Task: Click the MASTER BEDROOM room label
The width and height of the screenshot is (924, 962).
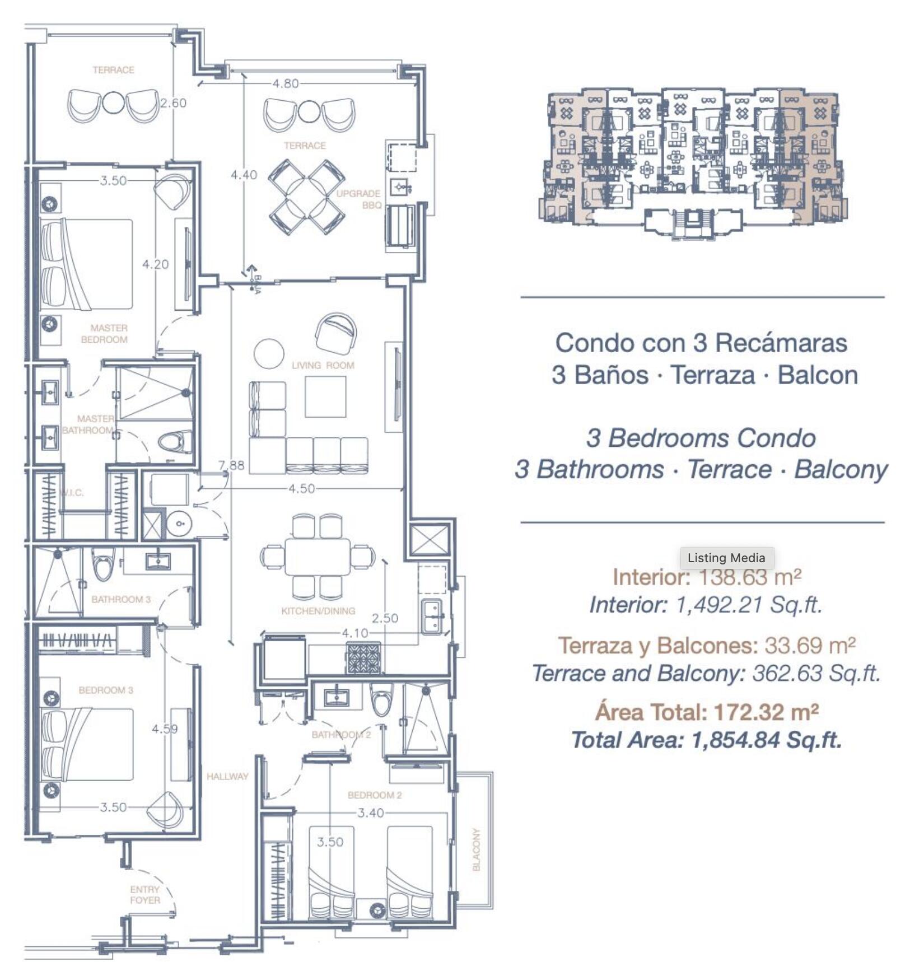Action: coord(105,334)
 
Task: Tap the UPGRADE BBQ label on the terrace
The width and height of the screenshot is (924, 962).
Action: coord(358,199)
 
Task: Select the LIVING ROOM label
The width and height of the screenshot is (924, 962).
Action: coord(323,366)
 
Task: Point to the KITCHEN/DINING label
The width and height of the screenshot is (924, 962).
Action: coord(318,611)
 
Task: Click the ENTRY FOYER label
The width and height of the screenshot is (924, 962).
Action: coord(145,895)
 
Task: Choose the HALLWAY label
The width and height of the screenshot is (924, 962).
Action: coord(227,777)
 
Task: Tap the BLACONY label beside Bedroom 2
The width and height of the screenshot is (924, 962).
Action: coord(477,849)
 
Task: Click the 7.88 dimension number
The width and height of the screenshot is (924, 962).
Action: coord(231,465)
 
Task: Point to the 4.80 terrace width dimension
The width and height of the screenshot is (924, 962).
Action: coord(286,84)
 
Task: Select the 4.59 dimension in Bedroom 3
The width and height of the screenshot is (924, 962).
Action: coord(165,729)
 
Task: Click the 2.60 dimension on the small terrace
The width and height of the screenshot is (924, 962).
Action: coord(173,103)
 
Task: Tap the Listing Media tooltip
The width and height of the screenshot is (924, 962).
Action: coord(726,558)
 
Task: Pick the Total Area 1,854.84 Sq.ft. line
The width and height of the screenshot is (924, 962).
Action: coord(706,740)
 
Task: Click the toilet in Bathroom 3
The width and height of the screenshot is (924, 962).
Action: coord(103,564)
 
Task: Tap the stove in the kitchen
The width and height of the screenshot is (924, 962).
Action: coord(364,658)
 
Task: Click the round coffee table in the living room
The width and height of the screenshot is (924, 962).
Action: coord(269,354)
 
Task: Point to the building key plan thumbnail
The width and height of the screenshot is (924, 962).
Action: coord(693,162)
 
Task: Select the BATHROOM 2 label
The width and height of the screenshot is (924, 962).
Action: coord(341,735)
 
